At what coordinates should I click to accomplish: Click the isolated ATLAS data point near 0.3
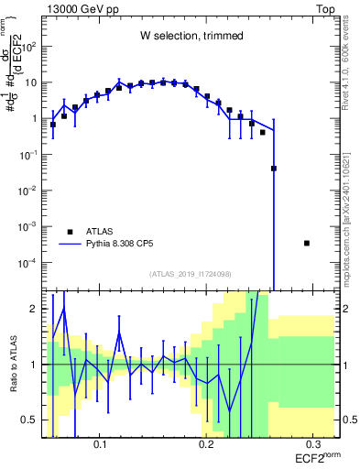pyautogui.click(x=306, y=243)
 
